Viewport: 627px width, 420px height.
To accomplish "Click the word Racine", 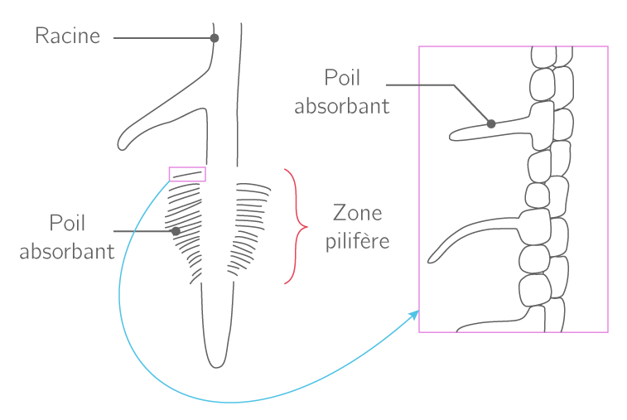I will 67,36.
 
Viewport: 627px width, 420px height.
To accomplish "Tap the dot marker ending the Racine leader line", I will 215,38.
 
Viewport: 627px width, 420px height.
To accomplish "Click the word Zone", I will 358,214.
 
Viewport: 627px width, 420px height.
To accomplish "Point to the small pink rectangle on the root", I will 187,174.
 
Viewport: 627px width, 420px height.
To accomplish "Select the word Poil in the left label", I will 68,224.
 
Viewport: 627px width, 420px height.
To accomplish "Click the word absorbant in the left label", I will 67,252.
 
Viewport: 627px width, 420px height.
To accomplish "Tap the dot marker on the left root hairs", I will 176,232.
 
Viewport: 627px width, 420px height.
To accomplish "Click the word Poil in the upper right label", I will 343,78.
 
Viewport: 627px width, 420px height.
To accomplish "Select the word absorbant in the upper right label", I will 342,106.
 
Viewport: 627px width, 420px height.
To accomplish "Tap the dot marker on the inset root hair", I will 491,123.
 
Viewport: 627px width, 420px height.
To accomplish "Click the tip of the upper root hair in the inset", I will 452,134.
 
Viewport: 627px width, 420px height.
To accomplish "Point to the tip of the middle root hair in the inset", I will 431,259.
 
